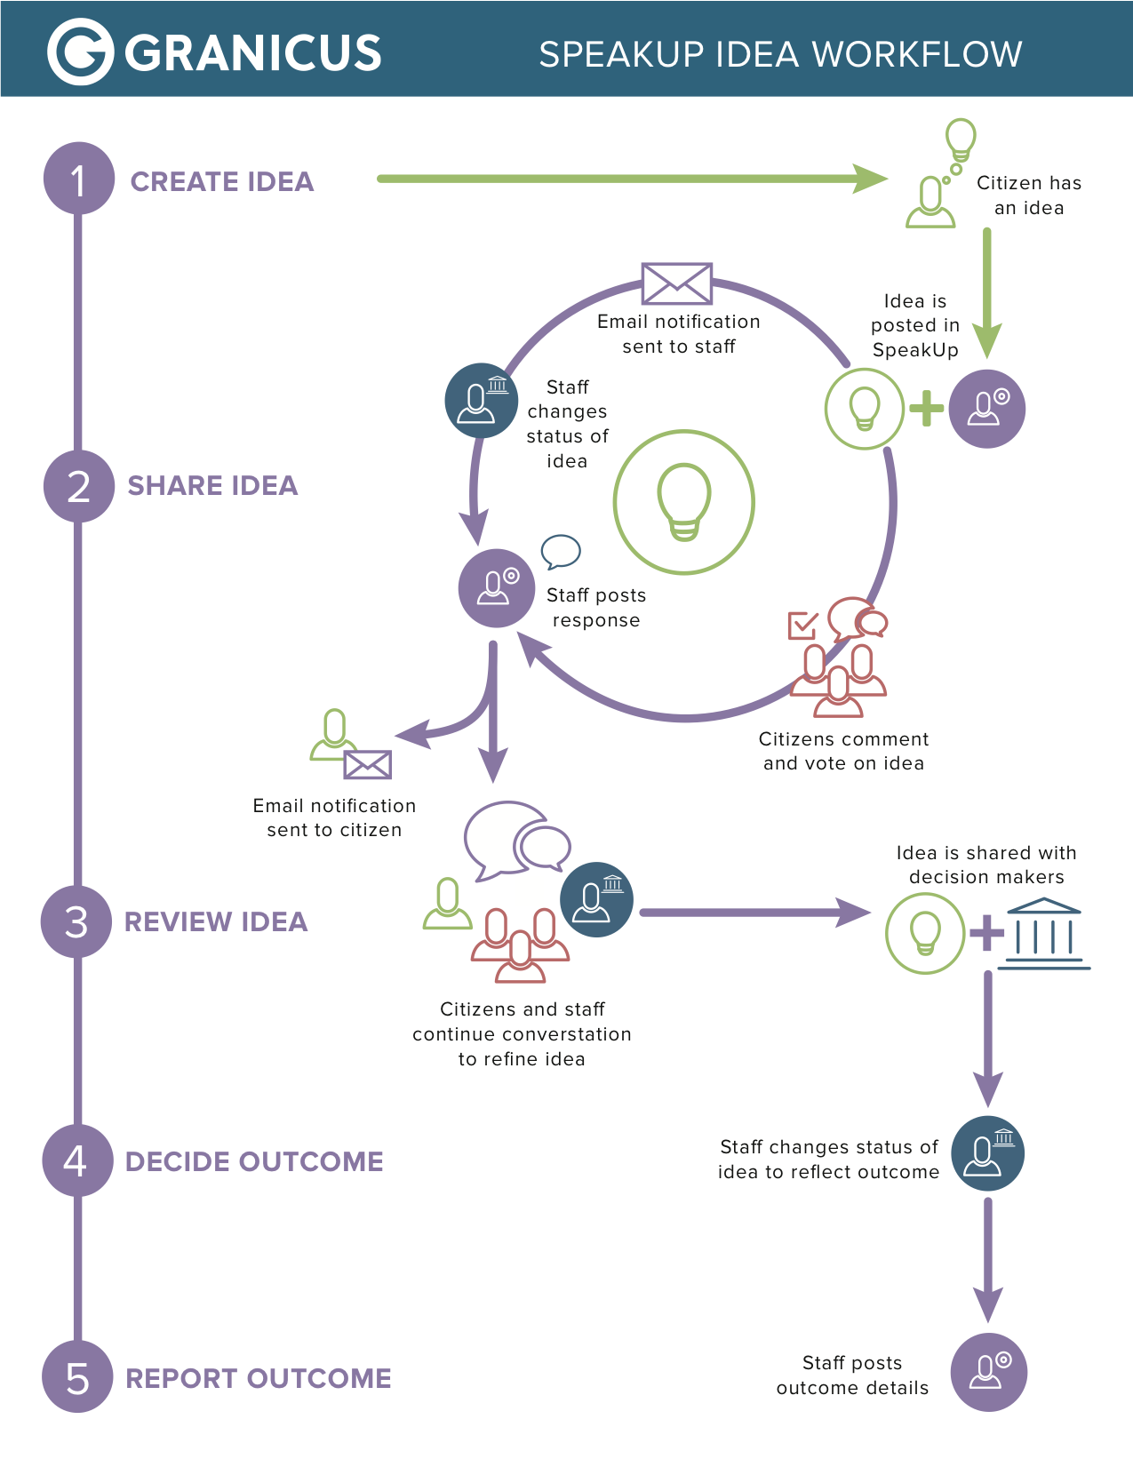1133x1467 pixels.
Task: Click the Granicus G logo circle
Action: (x=80, y=52)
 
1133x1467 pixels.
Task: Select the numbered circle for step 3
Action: (x=77, y=921)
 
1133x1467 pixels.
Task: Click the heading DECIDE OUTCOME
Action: (x=254, y=1161)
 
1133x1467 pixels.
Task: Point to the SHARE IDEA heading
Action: (x=212, y=485)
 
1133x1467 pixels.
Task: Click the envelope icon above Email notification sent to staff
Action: (x=677, y=283)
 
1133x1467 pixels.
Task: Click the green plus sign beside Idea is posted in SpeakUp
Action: (x=927, y=409)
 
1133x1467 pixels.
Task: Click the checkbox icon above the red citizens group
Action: (x=802, y=625)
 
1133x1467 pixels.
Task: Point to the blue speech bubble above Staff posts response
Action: (x=561, y=552)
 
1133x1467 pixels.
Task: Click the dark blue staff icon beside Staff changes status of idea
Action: (x=481, y=401)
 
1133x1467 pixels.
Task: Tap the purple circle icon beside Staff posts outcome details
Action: (x=988, y=1372)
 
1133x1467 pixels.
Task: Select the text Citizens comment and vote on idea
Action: (x=843, y=751)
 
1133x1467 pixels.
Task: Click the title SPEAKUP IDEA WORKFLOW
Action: (x=780, y=54)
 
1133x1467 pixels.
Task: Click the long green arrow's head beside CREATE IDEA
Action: (x=869, y=179)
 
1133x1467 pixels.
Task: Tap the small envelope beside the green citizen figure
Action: (x=368, y=764)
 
